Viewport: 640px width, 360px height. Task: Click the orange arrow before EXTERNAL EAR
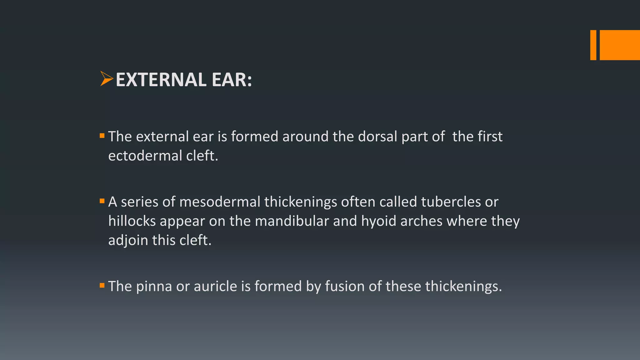pos(106,79)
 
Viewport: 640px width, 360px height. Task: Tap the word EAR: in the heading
pos(232,80)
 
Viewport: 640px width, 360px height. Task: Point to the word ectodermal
pos(145,156)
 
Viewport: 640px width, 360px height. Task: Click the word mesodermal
pos(220,202)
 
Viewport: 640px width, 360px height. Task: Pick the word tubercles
pos(451,202)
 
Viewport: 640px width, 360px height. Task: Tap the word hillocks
pos(132,221)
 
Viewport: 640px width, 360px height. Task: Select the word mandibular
pos(292,221)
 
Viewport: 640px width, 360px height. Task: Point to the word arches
pos(422,221)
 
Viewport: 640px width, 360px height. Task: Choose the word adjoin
pos(128,241)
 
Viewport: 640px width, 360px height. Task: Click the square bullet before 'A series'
pos(102,201)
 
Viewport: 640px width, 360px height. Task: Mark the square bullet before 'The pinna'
pos(102,285)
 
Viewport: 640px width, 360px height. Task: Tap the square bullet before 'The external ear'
pos(102,136)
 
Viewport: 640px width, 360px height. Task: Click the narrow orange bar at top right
pos(593,45)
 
